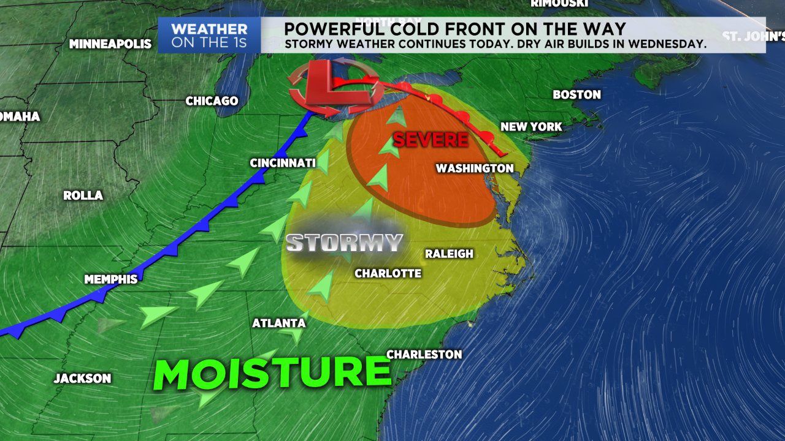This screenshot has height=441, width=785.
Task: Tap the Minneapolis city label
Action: pyautogui.click(x=110, y=44)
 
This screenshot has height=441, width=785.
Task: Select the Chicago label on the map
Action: pyautogui.click(x=212, y=100)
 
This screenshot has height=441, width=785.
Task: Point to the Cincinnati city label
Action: pyautogui.click(x=283, y=163)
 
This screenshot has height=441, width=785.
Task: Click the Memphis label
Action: pyautogui.click(x=111, y=279)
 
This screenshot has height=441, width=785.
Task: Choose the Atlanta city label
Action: pyautogui.click(x=279, y=323)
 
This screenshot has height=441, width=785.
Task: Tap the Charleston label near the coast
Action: pyautogui.click(x=424, y=354)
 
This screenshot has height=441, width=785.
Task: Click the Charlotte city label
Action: pyautogui.click(x=388, y=273)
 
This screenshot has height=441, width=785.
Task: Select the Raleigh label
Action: pyautogui.click(x=450, y=254)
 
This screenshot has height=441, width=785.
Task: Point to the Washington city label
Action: pyautogui.click(x=475, y=168)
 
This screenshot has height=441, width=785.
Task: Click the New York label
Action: pyautogui.click(x=531, y=127)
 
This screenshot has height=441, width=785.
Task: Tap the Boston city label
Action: pyautogui.click(x=576, y=94)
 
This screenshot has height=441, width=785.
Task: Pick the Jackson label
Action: pyautogui.click(x=82, y=379)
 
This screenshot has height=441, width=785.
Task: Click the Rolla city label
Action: pyautogui.click(x=83, y=195)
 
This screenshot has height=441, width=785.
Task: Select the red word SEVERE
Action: pyautogui.click(x=431, y=140)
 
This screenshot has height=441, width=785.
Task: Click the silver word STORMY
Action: pyautogui.click(x=344, y=243)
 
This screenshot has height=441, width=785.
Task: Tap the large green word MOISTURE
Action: pyautogui.click(x=272, y=372)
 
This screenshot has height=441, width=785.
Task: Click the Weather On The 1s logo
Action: pyautogui.click(x=209, y=36)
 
